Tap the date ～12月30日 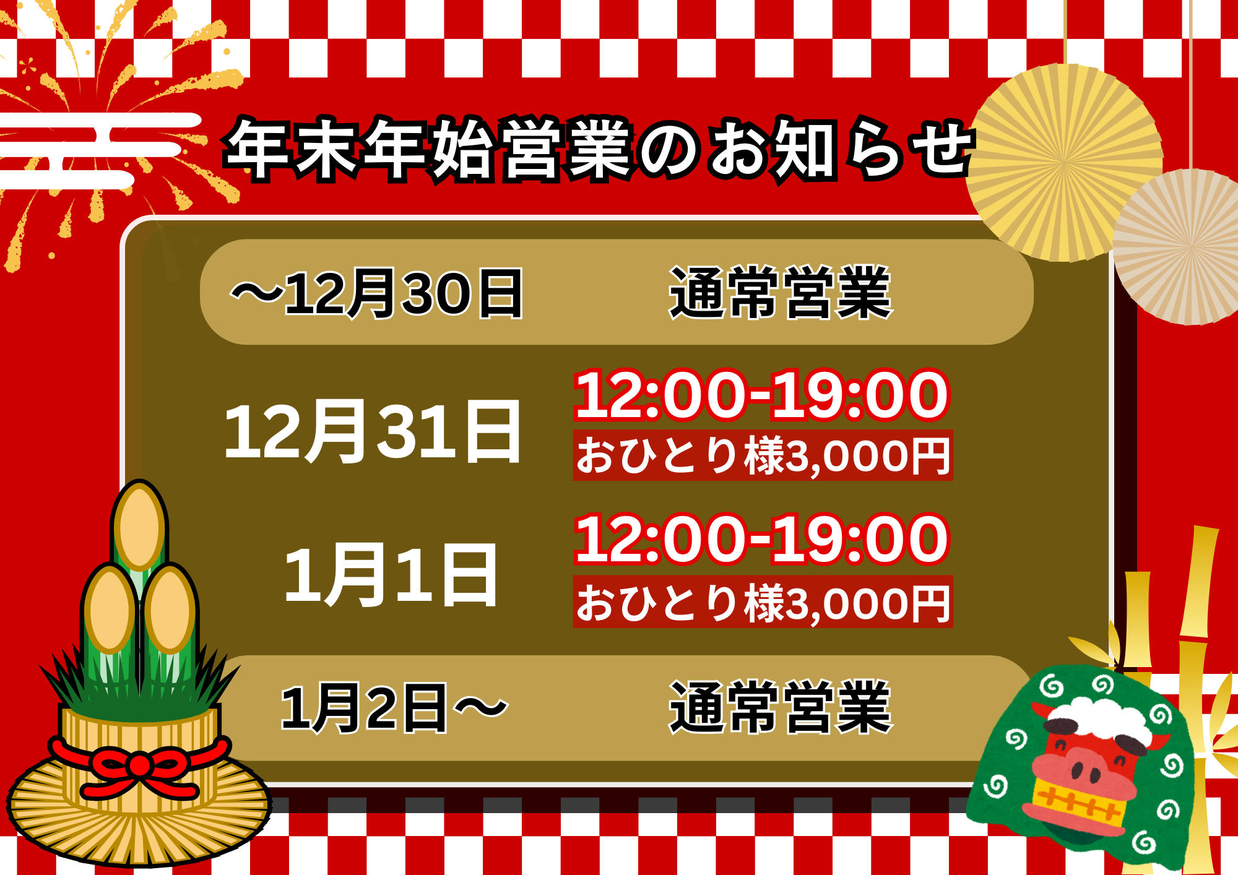377,293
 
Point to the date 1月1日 391,575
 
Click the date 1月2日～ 394,708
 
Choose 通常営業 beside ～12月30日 781,293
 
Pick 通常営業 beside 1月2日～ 781,707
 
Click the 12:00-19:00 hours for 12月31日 761,395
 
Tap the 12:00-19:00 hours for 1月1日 761,540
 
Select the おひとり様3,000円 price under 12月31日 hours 763,455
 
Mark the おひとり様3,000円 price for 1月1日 763,601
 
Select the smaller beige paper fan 1185,246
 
